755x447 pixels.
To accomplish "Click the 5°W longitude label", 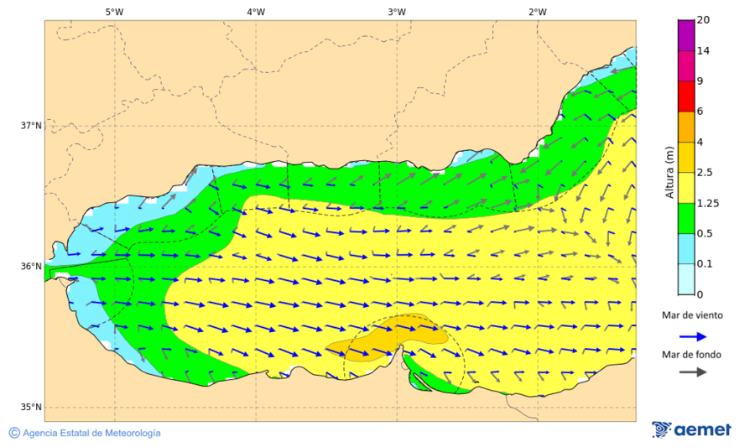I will coord(115,12).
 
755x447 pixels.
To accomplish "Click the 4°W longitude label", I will coord(256,12).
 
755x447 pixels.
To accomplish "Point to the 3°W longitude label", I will coord(397,12).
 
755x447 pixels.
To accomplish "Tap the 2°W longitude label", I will coord(538,12).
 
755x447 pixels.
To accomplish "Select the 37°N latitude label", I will coord(31,126).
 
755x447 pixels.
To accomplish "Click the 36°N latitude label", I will coord(31,267).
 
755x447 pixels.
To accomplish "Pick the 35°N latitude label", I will coord(31,408).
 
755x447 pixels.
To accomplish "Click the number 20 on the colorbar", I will coord(703,20).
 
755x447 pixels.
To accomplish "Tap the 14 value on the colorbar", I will coord(703,51).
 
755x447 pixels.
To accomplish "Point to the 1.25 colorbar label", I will coord(708,203).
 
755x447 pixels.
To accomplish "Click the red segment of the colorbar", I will coord(686,96).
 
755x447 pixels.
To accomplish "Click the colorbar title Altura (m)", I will coord(669,172).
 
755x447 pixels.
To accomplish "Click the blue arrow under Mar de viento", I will coord(691,335).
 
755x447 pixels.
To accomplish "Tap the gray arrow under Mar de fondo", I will coord(691,372).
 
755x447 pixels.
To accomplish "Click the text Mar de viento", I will coord(691,315).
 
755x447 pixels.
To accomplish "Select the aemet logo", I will coord(691,429).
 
